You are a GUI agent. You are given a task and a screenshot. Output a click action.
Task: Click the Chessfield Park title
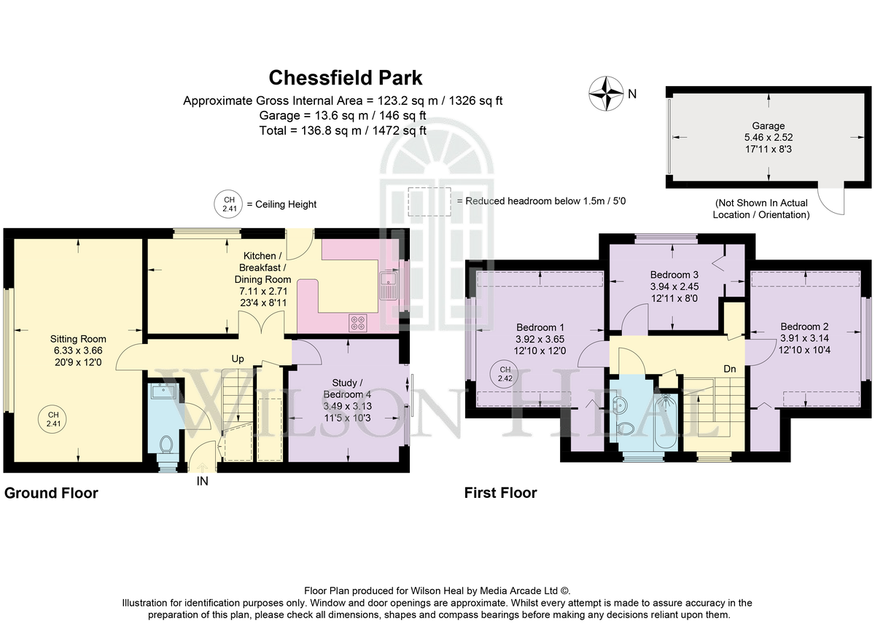(x=346, y=78)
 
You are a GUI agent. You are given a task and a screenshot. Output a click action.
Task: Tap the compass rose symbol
(x=606, y=93)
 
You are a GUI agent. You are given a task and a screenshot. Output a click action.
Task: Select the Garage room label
(x=769, y=126)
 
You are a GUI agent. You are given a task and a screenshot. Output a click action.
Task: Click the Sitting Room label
(x=78, y=339)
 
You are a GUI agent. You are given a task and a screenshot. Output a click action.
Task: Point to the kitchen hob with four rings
(x=358, y=323)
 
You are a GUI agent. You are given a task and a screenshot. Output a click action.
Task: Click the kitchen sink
(x=389, y=286)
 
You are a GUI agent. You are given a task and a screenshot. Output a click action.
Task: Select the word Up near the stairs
(x=238, y=359)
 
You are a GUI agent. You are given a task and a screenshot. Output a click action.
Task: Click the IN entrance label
(x=203, y=481)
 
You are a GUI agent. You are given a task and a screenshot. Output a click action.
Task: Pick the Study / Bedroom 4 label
(x=347, y=389)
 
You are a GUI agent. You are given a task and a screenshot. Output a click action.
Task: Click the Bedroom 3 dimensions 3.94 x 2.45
(x=674, y=286)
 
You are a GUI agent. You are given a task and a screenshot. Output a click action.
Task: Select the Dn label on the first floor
(x=730, y=369)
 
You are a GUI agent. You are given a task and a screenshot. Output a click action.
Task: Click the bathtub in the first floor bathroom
(x=666, y=421)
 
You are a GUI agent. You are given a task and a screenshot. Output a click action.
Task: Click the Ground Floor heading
(x=51, y=493)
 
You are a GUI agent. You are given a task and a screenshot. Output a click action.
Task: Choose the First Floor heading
(x=500, y=493)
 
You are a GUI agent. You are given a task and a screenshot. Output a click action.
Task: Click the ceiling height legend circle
(x=228, y=204)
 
